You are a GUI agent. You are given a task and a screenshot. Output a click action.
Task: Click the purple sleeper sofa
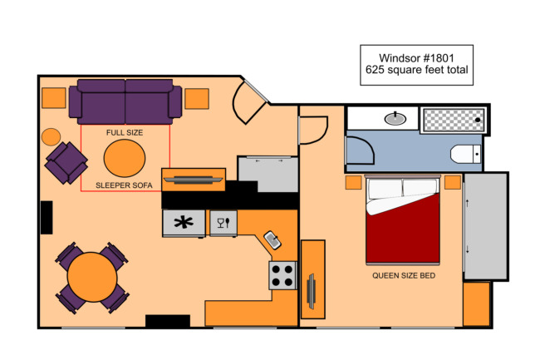125,101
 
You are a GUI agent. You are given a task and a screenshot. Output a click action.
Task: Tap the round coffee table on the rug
125,158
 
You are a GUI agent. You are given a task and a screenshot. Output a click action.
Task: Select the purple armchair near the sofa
66,163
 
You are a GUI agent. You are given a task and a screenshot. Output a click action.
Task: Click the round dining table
92,277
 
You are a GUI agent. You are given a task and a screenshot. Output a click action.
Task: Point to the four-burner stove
282,275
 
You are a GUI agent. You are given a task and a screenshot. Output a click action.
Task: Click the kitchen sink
272,239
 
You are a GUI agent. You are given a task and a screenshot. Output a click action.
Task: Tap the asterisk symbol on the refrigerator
184,223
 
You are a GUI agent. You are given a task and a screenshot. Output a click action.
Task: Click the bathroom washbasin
395,119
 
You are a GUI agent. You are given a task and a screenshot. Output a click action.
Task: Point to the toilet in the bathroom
465,154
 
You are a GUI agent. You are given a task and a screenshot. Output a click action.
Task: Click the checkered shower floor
454,120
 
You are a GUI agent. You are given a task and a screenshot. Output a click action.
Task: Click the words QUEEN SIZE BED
404,275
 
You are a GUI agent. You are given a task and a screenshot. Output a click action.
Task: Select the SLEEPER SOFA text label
124,185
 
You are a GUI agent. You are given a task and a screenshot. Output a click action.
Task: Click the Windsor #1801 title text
416,58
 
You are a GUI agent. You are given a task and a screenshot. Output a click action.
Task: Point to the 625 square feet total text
416,70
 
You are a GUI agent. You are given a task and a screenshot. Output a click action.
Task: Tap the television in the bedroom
312,291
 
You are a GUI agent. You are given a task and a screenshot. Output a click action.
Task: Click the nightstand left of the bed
353,183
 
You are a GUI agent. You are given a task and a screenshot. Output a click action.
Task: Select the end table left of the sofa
54,98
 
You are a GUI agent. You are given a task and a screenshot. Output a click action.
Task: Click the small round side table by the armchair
51,136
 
